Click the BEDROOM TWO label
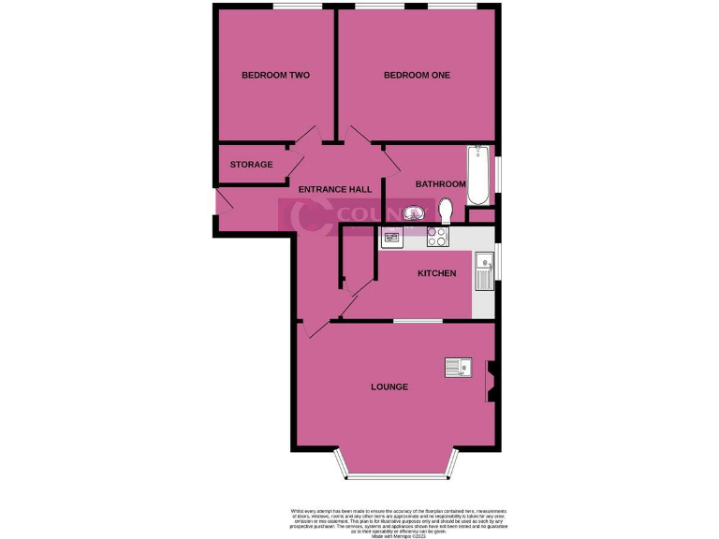[275, 75]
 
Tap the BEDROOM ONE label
[417, 75]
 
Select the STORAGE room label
[252, 165]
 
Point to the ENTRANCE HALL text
[335, 190]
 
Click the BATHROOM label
[441, 183]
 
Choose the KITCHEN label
[436, 273]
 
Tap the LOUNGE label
[389, 386]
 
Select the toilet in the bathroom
[446, 211]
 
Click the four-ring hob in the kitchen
[437, 237]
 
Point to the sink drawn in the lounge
[459, 369]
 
